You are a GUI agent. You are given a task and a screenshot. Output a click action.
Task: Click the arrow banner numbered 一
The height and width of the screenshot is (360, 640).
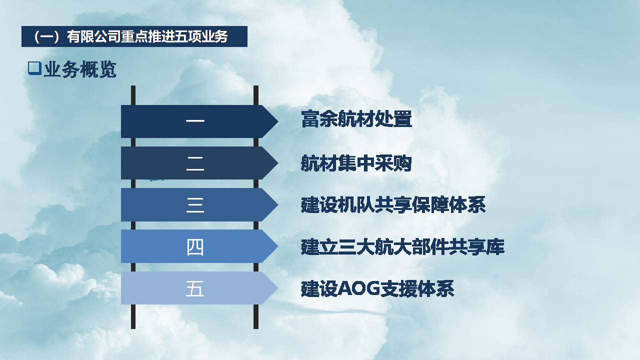[199, 121]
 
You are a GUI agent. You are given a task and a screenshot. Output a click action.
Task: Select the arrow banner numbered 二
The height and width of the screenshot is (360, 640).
[199, 163]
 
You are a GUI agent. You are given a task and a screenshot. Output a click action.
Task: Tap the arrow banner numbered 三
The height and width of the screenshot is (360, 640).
[199, 204]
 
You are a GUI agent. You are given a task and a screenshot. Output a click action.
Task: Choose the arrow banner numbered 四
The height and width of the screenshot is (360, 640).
[199, 246]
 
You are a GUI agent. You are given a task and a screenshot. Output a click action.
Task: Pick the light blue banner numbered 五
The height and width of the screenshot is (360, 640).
[199, 288]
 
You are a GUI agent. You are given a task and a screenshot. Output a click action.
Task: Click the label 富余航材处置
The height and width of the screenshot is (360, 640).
[356, 119]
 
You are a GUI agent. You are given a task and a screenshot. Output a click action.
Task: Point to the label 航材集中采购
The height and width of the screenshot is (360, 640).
[356, 163]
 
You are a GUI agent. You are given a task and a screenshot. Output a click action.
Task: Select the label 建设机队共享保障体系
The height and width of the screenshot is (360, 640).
[393, 205]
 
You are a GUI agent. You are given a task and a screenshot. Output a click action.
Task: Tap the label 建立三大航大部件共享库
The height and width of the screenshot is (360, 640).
[402, 246]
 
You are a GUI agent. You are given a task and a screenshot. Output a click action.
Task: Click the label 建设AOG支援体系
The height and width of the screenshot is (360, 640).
[377, 288]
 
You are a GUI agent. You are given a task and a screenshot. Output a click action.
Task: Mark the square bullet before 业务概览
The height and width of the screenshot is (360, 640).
[34, 68]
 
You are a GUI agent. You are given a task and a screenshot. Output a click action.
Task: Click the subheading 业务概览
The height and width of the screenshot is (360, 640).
[80, 69]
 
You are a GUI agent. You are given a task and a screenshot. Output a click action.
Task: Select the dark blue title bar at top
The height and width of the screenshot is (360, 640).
[134, 36]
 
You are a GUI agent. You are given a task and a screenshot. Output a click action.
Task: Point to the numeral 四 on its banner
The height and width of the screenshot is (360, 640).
[195, 247]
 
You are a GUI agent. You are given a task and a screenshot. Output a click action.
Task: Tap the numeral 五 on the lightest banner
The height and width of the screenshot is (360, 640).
[195, 288]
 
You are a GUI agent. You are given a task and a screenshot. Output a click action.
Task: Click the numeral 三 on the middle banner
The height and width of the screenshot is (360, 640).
[195, 205]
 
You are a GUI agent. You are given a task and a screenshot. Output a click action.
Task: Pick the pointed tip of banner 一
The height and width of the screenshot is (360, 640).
[278, 121]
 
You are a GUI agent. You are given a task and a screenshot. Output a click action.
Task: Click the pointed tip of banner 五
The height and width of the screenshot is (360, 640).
[278, 288]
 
